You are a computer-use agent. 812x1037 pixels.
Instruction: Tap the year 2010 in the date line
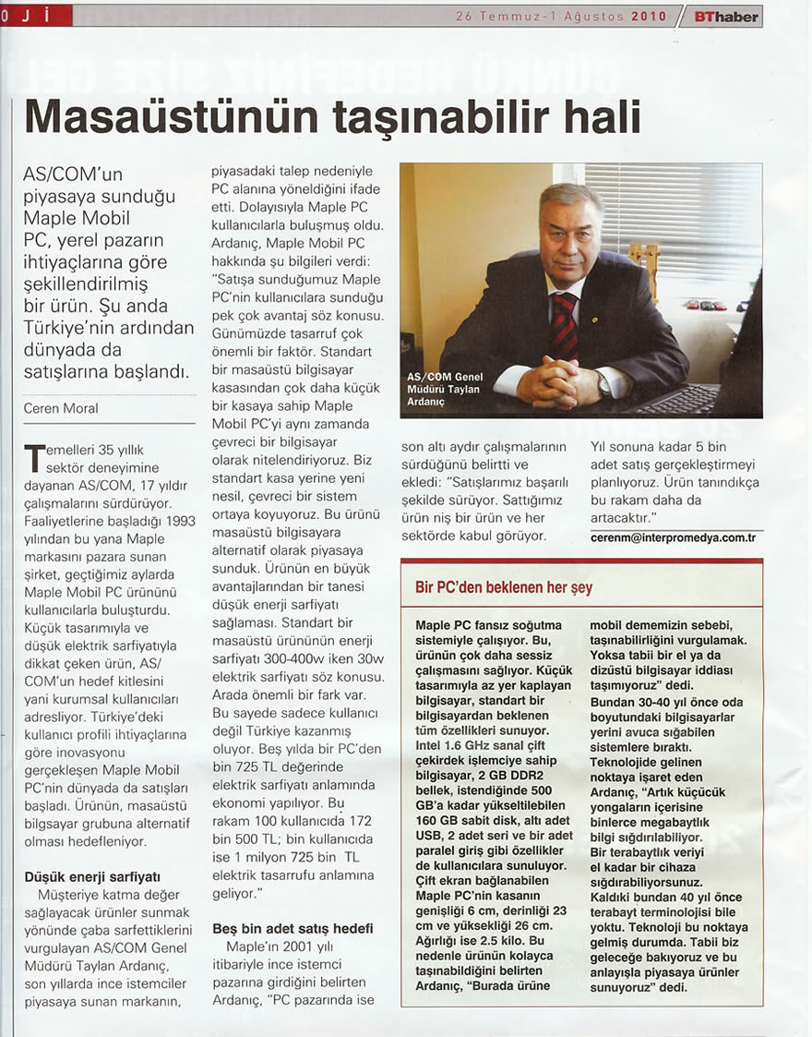pyautogui.click(x=650, y=17)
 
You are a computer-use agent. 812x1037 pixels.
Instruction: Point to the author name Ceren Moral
pyautogui.click(x=61, y=408)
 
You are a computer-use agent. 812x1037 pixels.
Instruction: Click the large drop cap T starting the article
pyautogui.click(x=34, y=459)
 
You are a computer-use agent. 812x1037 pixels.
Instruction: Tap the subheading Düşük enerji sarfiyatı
pyautogui.click(x=93, y=875)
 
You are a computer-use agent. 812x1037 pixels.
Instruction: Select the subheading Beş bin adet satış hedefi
pyautogui.click(x=293, y=928)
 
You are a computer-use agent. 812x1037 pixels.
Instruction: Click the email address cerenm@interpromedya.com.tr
pyautogui.click(x=673, y=537)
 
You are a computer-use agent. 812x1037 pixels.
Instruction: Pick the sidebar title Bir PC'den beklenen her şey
pyautogui.click(x=504, y=587)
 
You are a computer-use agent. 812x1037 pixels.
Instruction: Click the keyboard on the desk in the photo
pyautogui.click(x=682, y=400)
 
